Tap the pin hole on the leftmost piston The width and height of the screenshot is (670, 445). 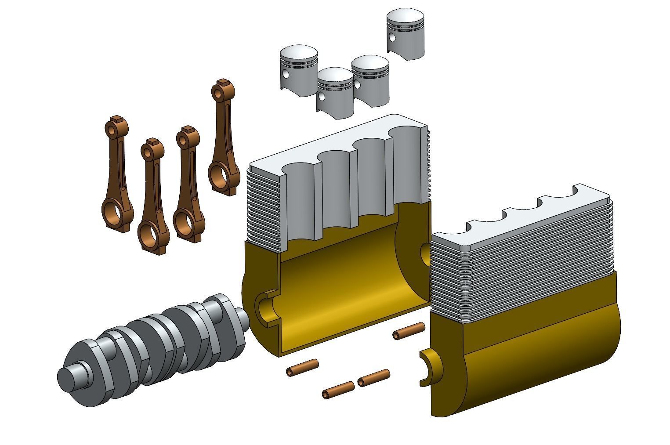point(286,74)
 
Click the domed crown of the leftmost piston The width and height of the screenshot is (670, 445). point(299,53)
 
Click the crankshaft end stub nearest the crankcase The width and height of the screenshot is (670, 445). point(242,318)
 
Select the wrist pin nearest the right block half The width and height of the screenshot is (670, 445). point(409,331)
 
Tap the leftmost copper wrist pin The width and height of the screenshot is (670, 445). point(302,368)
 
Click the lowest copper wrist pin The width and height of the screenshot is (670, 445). point(338,390)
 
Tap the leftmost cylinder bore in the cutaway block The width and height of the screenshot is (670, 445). point(299,193)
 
